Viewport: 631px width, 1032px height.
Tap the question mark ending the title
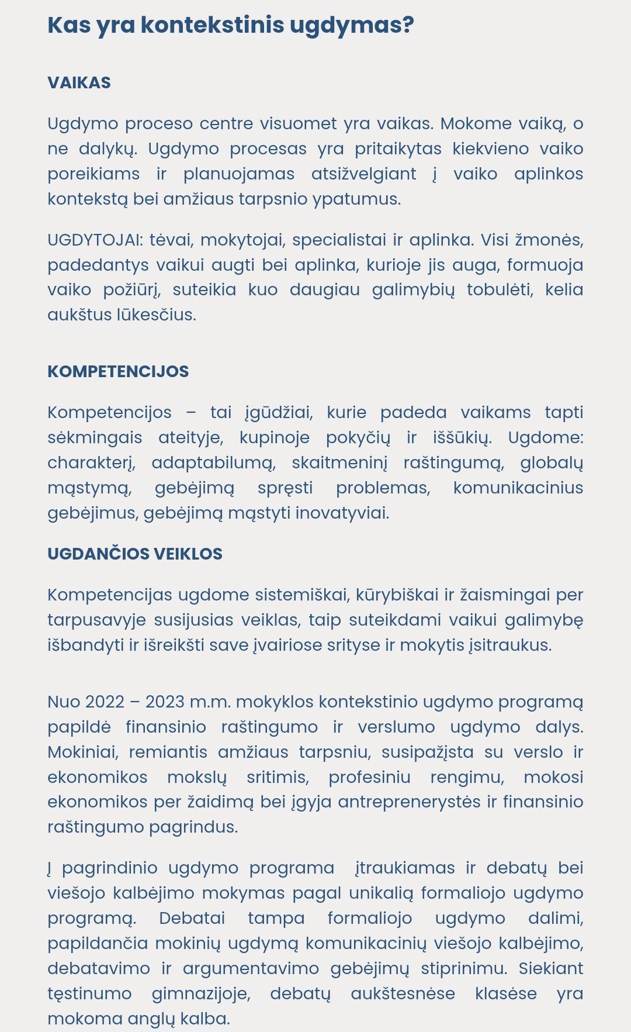[407, 25]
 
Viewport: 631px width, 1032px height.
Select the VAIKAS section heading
[79, 82]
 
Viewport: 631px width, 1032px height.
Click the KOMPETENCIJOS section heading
[118, 371]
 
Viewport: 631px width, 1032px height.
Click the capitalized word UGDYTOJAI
[95, 240]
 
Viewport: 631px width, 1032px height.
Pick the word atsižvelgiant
[363, 174]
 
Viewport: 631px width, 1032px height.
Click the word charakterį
[91, 463]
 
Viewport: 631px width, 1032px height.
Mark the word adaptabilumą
[213, 463]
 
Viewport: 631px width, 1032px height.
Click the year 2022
[105, 702]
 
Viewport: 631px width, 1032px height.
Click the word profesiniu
[369, 777]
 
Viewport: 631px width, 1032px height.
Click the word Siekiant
[550, 968]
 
